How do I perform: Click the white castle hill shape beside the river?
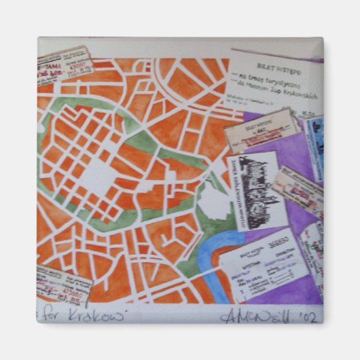pos(215,200)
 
